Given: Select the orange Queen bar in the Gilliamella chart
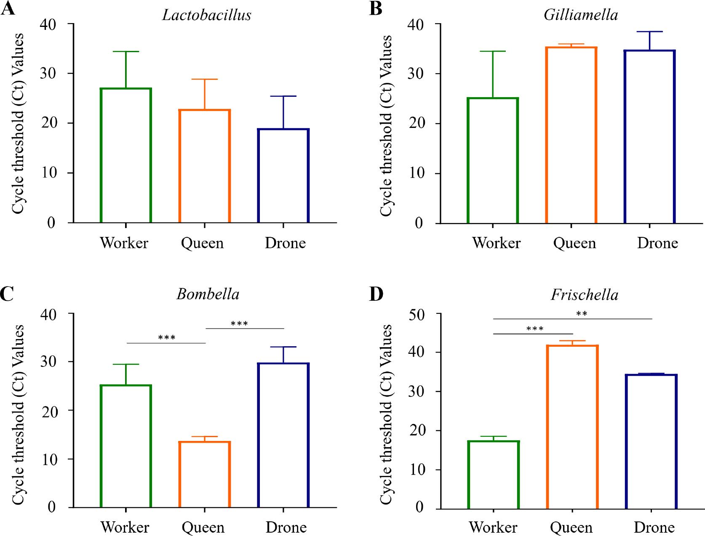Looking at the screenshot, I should click(571, 135).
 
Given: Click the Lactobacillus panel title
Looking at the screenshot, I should click(206, 15).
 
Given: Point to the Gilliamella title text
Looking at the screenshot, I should click(581, 15).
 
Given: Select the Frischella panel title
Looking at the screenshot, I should click(584, 295).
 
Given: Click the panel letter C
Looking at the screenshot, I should click(7, 294).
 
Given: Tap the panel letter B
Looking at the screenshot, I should click(376, 8).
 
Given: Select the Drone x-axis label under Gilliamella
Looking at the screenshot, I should click(657, 243).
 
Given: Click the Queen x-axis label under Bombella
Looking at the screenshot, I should click(203, 527).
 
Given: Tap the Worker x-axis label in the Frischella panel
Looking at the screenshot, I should click(493, 527).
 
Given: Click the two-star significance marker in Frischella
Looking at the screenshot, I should click(581, 313).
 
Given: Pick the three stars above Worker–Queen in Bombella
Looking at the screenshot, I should click(167, 337).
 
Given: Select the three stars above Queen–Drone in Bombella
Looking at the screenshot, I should click(239, 323).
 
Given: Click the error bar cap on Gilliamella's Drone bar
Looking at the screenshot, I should click(649, 32).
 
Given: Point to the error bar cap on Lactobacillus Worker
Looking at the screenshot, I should click(126, 51).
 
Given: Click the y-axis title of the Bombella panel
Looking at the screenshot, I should click(18, 414).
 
